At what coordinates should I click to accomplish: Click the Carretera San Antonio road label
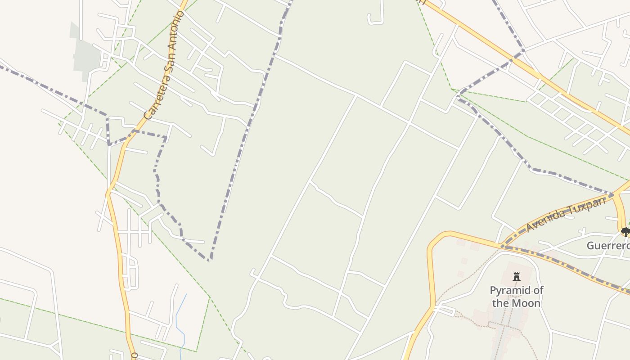(x=164, y=65)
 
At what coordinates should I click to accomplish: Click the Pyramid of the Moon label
(x=516, y=297)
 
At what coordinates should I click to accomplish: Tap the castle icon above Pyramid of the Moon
(x=516, y=276)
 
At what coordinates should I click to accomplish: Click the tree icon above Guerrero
(x=625, y=232)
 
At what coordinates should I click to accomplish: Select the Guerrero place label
(x=607, y=246)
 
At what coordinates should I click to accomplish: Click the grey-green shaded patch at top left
(x=86, y=56)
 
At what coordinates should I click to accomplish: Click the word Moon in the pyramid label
(x=525, y=303)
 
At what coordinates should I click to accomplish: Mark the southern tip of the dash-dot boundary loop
(x=210, y=260)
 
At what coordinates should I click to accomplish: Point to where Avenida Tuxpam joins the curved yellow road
(x=501, y=246)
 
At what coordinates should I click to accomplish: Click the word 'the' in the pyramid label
(x=500, y=303)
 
